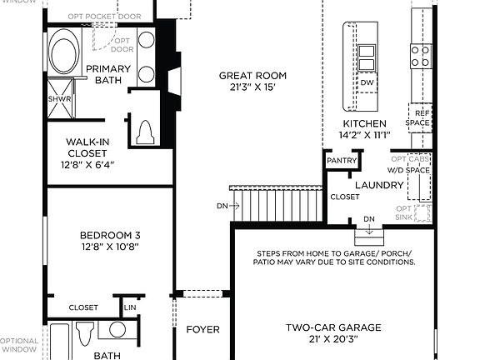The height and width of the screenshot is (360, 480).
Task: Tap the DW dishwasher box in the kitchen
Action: (x=367, y=83)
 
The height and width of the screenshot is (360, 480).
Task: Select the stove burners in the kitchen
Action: (x=421, y=56)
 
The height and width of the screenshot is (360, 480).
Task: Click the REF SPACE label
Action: (x=418, y=117)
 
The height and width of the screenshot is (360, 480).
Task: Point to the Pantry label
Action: (x=342, y=161)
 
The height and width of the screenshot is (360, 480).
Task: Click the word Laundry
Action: (x=379, y=185)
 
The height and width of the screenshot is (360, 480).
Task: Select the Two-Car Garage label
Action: (x=323, y=328)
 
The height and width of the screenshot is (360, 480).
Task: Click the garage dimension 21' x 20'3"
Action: (x=323, y=341)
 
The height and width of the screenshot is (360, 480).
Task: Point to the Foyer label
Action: (x=202, y=329)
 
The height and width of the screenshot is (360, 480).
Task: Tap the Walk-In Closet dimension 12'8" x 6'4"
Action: (x=86, y=164)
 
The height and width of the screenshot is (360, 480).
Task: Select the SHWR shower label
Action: (x=59, y=98)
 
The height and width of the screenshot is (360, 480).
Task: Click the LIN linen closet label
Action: (x=130, y=307)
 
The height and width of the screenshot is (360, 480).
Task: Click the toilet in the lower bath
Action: (x=83, y=334)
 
